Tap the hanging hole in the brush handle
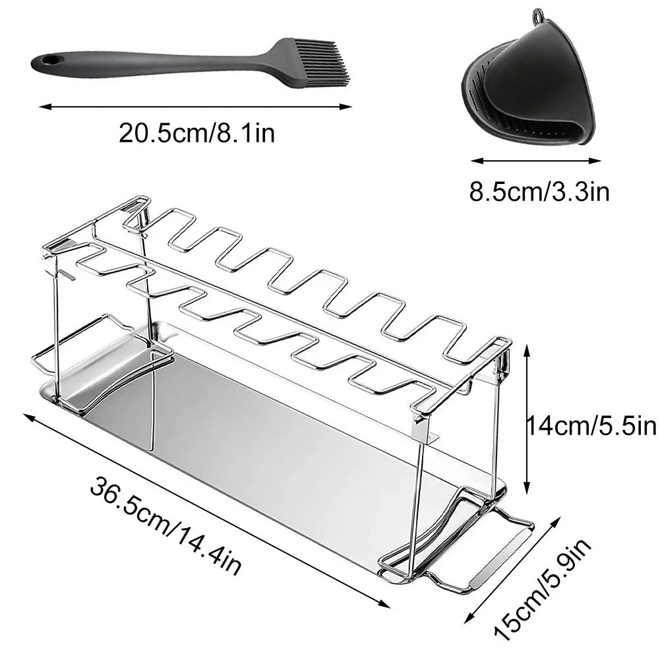coord(47,61)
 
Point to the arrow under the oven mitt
coord(535,159)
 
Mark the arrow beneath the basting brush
coord(195,104)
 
